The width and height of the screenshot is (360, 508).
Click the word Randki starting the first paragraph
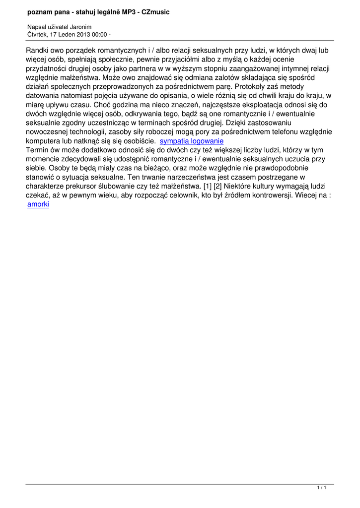pos(38,51)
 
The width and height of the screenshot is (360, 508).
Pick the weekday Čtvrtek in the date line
pos(37,34)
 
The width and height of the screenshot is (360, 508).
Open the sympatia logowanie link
pos(192,141)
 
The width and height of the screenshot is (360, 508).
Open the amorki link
pos(38,204)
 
